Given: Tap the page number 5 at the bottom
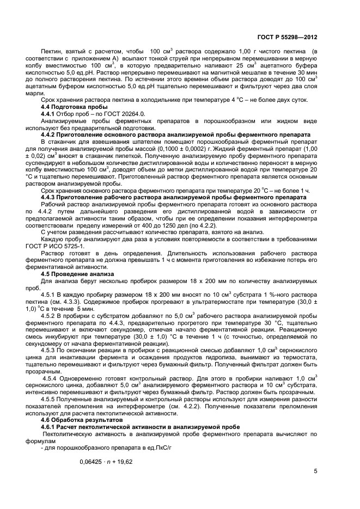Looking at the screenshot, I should pyautogui.click(x=315, y=471).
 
